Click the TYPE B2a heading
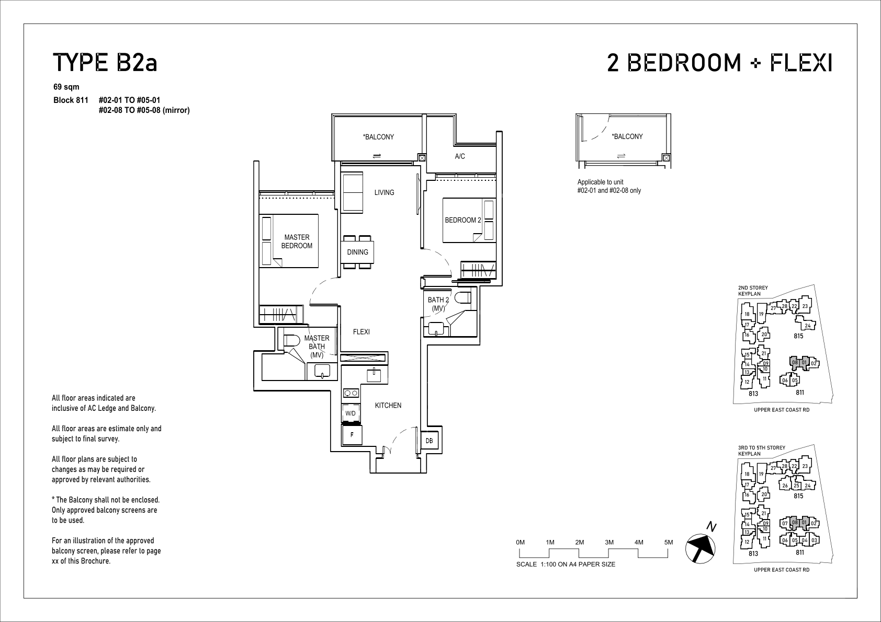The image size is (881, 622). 105,63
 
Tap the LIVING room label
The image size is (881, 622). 384,192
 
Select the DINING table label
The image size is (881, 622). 357,252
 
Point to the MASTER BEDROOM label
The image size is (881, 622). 297,241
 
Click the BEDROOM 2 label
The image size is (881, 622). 463,221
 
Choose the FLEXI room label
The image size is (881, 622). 362,332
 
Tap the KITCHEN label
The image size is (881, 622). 388,406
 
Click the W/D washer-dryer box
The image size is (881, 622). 351,413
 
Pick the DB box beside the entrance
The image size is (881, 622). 429,441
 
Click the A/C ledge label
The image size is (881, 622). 460,156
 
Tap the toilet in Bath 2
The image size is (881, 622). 462,298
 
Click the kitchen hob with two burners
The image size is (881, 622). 351,393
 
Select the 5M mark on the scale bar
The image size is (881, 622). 669,542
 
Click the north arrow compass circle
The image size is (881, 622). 700,548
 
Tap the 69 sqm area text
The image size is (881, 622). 66,87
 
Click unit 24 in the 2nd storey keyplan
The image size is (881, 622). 807,326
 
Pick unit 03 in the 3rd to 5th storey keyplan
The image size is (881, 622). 814,540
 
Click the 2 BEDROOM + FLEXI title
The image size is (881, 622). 720,63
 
